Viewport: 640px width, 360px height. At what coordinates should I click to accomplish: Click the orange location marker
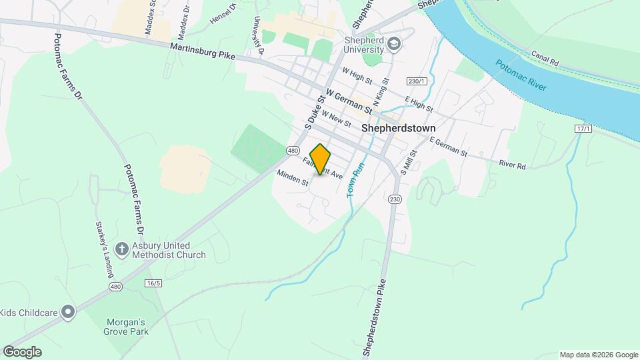point(321,159)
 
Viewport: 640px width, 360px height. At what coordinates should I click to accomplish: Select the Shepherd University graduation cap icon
point(394,44)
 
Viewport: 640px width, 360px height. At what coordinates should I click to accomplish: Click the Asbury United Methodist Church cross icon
point(121,249)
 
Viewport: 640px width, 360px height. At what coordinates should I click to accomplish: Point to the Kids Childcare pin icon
point(67,312)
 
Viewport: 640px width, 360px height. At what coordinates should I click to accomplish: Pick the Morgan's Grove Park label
point(125,326)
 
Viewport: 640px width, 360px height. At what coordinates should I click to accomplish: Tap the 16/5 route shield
point(153,283)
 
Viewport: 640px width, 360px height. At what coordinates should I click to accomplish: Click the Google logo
point(22,352)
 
